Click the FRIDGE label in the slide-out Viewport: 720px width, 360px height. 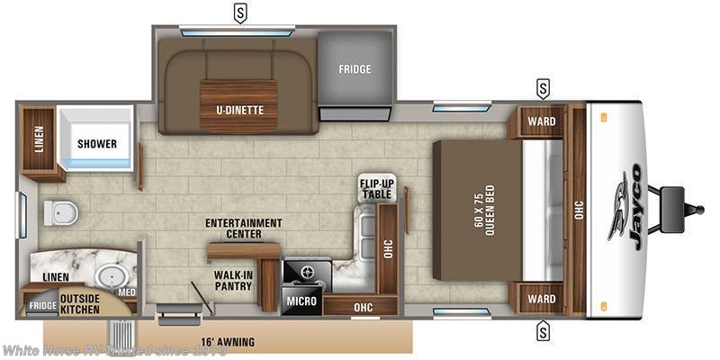coord(355,69)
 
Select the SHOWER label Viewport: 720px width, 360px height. coord(96,144)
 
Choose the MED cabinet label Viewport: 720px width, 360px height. coord(127,292)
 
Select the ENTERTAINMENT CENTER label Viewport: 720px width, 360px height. coord(243,229)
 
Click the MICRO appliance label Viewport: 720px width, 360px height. coord(300,301)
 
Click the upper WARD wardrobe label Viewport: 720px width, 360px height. coord(541,121)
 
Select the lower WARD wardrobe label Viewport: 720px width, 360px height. coord(541,299)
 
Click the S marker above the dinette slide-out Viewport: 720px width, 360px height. coord(240,13)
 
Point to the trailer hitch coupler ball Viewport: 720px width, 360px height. coord(698,210)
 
